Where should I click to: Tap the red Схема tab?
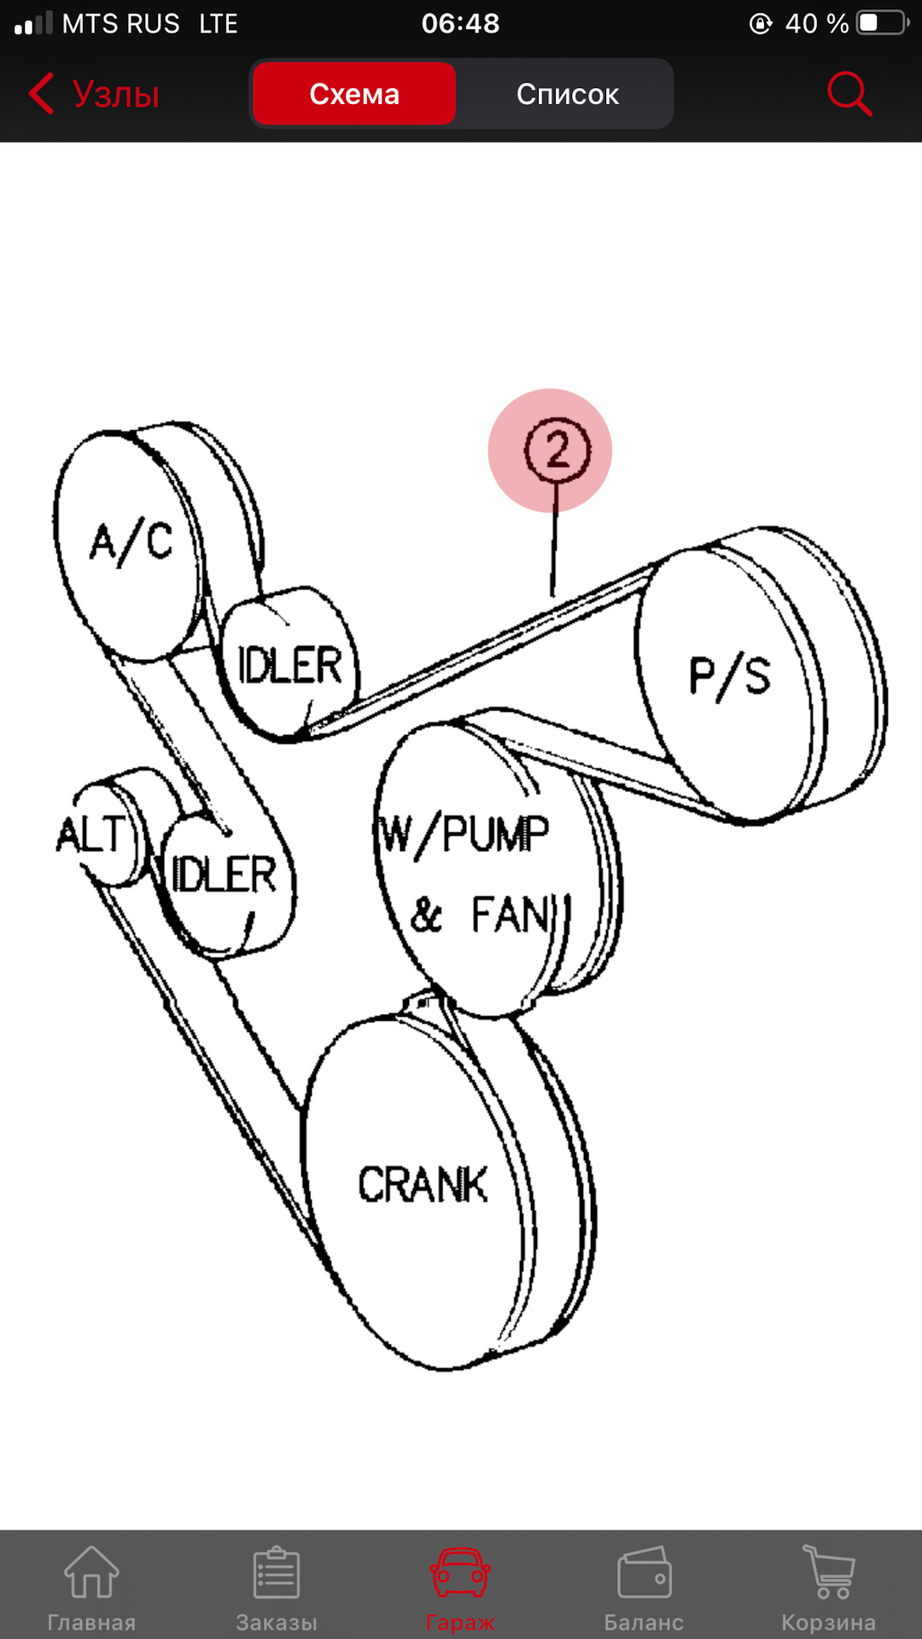coord(354,94)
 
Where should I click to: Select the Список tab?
coord(567,94)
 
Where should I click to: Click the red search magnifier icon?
coord(849,93)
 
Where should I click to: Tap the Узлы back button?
coord(95,94)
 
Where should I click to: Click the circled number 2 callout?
coord(557,450)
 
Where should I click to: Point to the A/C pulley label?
coord(131,542)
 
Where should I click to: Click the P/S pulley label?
coord(729,678)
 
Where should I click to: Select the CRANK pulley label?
coord(423,1185)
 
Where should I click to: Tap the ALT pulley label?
coord(90,835)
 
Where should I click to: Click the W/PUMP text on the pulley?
coord(464,835)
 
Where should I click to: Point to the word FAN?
coord(510,915)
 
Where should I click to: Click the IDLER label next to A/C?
coord(289,666)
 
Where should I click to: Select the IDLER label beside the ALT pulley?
coord(225,874)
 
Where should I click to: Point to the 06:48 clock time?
coord(460,23)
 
